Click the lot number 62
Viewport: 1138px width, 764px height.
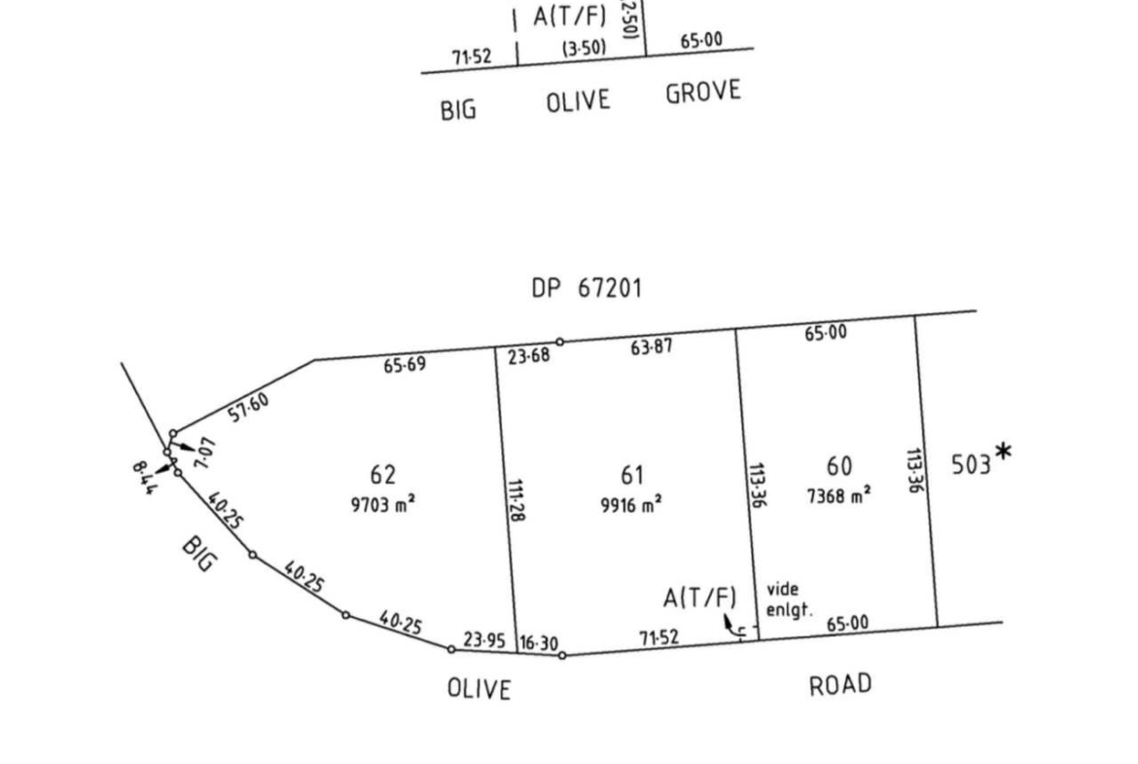(x=383, y=475)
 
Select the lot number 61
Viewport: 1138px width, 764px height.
(x=632, y=475)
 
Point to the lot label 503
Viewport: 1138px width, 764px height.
(x=971, y=464)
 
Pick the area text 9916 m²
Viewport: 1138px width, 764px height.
(x=632, y=504)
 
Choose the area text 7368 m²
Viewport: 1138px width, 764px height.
(x=838, y=494)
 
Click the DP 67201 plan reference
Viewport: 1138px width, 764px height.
(x=587, y=289)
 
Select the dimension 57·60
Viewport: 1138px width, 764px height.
(x=249, y=407)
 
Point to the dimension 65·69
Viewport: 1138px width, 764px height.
(x=405, y=365)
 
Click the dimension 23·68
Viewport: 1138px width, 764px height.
(x=529, y=355)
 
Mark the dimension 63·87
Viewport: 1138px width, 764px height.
(x=652, y=346)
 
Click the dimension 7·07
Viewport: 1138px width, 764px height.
(x=204, y=454)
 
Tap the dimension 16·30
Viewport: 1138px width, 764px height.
(x=538, y=643)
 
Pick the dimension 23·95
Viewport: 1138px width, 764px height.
(x=484, y=641)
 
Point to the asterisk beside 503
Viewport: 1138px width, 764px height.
(x=1003, y=451)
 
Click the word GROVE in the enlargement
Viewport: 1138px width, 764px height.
(x=703, y=93)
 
